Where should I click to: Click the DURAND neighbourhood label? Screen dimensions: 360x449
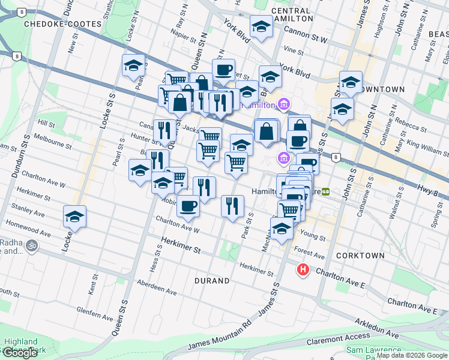click(212, 280)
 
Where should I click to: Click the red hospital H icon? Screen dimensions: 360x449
click(303, 270)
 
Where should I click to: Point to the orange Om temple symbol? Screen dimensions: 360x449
click(32, 245)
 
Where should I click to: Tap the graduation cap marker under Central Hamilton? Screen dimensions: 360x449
click(261, 27)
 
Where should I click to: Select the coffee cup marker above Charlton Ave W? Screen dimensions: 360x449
click(188, 206)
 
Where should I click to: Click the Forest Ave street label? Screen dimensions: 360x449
click(307, 253)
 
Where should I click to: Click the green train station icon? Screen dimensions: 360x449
click(326, 191)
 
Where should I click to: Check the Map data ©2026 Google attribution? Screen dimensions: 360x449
click(412, 355)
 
